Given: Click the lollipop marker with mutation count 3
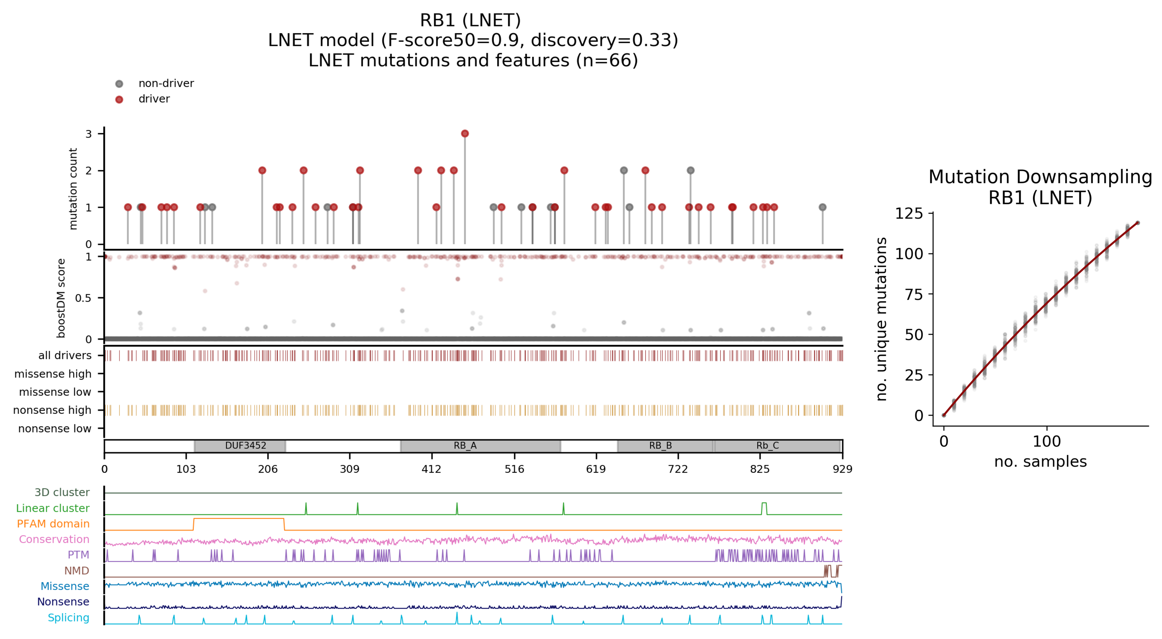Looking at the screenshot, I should tap(465, 133).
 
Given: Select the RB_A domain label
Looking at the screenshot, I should tap(465, 446).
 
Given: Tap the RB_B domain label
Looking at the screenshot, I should tap(660, 446).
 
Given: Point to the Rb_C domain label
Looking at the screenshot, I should tap(768, 446).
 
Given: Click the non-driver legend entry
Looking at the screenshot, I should tap(165, 83).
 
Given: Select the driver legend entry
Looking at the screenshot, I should tap(154, 99).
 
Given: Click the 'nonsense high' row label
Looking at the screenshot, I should tap(52, 410).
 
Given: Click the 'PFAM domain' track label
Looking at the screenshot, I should tap(53, 524).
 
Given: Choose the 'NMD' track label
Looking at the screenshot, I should tap(77, 571).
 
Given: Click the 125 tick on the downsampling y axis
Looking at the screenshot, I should tap(909, 213).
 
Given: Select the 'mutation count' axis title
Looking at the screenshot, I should tap(73, 189).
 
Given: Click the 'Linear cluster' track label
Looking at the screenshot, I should tap(53, 508).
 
